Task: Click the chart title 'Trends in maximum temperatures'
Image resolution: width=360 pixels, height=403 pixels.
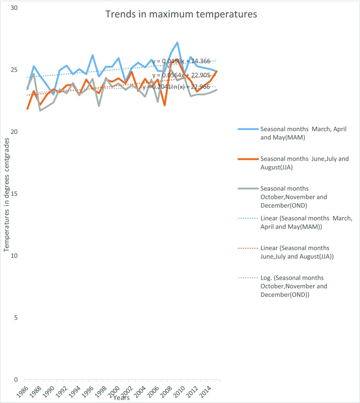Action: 181,15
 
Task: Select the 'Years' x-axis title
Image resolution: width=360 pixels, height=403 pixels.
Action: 122,398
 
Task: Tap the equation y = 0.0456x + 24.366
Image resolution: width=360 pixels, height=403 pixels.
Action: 181,61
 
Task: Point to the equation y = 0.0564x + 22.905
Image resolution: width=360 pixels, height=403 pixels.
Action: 181,75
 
